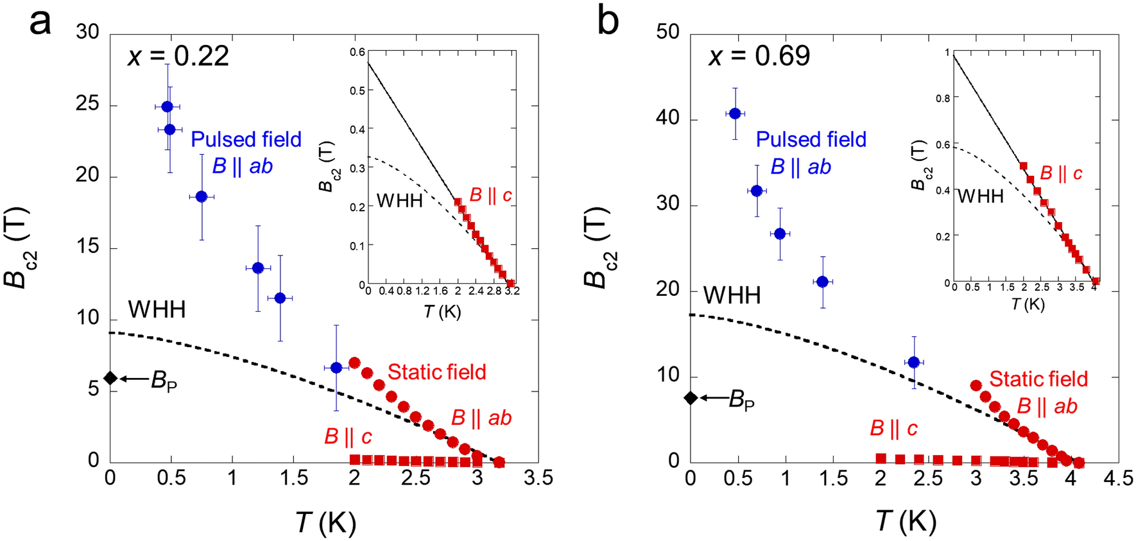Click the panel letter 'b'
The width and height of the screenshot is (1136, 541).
tap(608, 22)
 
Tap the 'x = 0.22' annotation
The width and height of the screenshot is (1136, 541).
tap(178, 56)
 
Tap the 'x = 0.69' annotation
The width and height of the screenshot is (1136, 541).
tap(759, 56)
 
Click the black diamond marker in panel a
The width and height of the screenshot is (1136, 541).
tap(110, 378)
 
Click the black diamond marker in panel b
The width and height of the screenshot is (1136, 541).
tap(691, 398)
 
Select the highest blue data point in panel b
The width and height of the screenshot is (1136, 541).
tap(736, 114)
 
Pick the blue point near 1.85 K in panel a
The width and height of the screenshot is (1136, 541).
tap(336, 368)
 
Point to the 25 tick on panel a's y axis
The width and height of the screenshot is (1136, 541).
tap(87, 104)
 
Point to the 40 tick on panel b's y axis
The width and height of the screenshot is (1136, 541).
tap(667, 118)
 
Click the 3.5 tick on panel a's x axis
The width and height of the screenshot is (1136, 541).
tap(538, 478)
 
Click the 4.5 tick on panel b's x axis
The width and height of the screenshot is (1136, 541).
tap(1117, 479)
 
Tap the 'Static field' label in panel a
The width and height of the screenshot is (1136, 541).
tap(436, 372)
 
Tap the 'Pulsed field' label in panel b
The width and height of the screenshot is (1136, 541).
tap(811, 139)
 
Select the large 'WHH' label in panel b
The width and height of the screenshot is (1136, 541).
tap(732, 296)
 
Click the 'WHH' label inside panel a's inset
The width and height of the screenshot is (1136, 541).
tap(399, 201)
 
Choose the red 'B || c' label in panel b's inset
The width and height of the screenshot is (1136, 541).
tap(1061, 173)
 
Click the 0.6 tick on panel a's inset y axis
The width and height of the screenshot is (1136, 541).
tap(357, 52)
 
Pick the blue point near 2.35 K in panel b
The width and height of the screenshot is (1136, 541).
tap(914, 363)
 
